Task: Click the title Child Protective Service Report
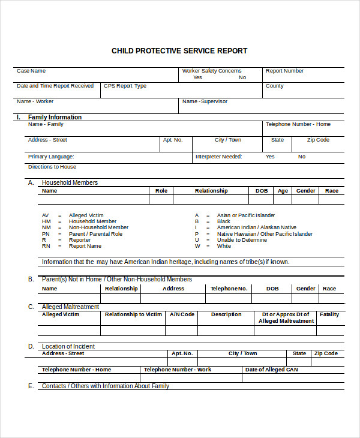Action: tap(179, 51)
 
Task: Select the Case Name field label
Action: tap(31, 71)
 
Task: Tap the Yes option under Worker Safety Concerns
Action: tap(197, 77)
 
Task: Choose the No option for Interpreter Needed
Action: tap(302, 157)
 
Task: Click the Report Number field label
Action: tap(284, 71)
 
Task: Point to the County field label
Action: tap(274, 86)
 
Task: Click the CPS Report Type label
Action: tap(125, 86)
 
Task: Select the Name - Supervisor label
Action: tap(205, 101)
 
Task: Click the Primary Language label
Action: tap(50, 157)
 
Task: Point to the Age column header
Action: tap(283, 191)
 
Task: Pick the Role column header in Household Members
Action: tap(161, 191)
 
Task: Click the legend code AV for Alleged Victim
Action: tap(46, 215)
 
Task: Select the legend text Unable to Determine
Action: tap(242, 240)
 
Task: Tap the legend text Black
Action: tap(224, 221)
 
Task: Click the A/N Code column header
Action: tap(182, 314)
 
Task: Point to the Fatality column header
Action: tap(329, 314)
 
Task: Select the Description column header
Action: tap(226, 314)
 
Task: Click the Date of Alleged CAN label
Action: tap(271, 370)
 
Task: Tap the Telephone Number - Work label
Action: tap(178, 370)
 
